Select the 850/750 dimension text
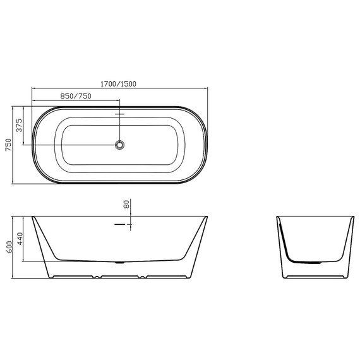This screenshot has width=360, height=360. tap(76, 95)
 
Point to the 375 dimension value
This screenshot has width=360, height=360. tap(20, 125)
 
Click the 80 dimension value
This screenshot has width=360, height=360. tap(126, 205)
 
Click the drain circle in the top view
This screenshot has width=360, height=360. tap(119, 145)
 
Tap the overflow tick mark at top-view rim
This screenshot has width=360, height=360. tap(119, 114)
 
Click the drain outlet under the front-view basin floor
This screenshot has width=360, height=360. tap(120, 261)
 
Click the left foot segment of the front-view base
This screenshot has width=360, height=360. tap(75, 277)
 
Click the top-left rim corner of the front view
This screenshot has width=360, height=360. tap(33, 217)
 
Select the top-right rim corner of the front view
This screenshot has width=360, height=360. tap(207, 217)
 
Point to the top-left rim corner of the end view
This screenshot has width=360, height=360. tap(278, 217)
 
